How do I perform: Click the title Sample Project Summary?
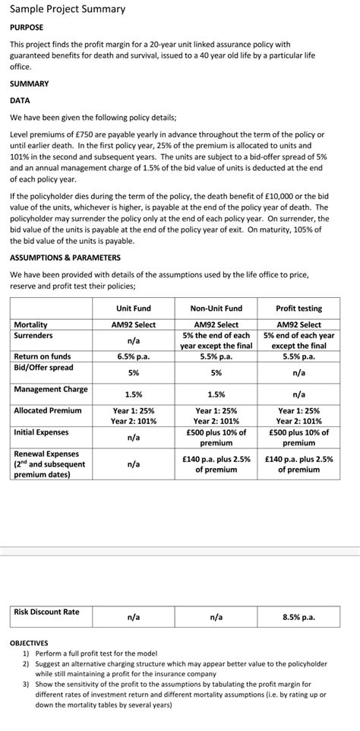[67, 10]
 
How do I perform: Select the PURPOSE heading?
[27, 28]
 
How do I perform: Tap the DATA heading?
[21, 100]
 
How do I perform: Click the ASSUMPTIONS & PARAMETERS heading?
[65, 258]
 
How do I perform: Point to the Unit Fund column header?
[133, 308]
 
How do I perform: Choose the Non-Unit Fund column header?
[216, 308]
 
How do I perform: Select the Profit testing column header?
[298, 308]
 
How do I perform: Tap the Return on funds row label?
[43, 356]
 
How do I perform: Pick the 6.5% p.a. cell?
[133, 356]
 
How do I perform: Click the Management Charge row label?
[51, 389]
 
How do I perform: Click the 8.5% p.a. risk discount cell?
[298, 617]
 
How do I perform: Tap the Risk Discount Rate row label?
[46, 612]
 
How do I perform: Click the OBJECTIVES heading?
[29, 642]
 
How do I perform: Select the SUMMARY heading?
[30, 84]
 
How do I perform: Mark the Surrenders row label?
[33, 335]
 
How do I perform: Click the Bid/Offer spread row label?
[43, 367]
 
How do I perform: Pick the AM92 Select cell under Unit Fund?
[133, 324]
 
